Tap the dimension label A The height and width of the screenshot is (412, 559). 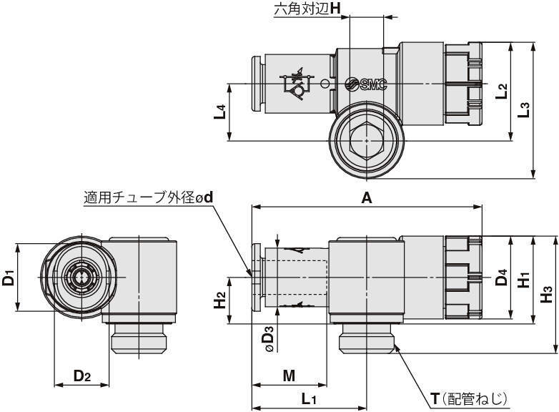[x=367, y=199]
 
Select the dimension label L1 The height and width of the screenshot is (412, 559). [x=309, y=399]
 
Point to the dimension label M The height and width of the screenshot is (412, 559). [x=289, y=376]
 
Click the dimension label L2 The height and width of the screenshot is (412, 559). [x=502, y=90]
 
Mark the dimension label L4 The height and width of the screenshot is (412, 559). [x=221, y=112]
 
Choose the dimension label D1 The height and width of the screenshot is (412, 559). [x=9, y=277]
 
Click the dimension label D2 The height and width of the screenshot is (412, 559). [x=82, y=376]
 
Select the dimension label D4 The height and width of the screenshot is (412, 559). [x=502, y=277]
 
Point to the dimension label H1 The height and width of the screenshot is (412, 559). [x=524, y=279]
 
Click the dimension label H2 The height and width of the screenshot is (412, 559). [x=221, y=299]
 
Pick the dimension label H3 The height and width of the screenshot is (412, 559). [x=547, y=293]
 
